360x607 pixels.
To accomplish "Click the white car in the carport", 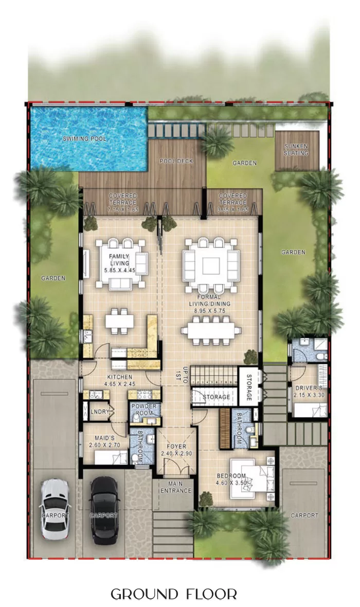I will [55, 509].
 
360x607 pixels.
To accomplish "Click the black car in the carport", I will [104, 509].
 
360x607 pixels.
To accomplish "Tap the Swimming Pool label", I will [85, 139].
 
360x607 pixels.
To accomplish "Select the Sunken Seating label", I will [296, 150].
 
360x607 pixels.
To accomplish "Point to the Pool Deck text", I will [176, 161].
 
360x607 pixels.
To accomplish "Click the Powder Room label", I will [143, 409].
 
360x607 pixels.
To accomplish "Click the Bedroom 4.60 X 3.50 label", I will [231, 479].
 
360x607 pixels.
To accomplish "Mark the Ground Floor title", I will [174, 595].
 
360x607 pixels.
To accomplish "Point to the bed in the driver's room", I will [309, 410].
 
